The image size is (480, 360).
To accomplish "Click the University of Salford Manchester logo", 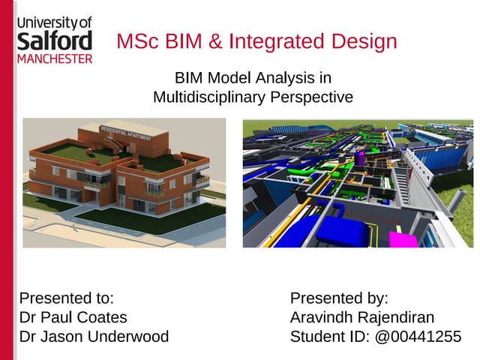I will point(54,39).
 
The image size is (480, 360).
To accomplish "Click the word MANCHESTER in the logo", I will point(54,58).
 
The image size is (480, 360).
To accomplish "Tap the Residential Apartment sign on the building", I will point(125,133).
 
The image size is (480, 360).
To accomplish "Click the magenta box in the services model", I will point(405,241).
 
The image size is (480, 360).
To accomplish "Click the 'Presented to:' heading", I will point(67,298).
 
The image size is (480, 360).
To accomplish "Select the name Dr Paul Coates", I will point(73,316).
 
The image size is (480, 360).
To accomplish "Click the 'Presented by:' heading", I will point(339,298).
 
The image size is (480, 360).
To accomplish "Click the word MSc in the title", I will point(136,41).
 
